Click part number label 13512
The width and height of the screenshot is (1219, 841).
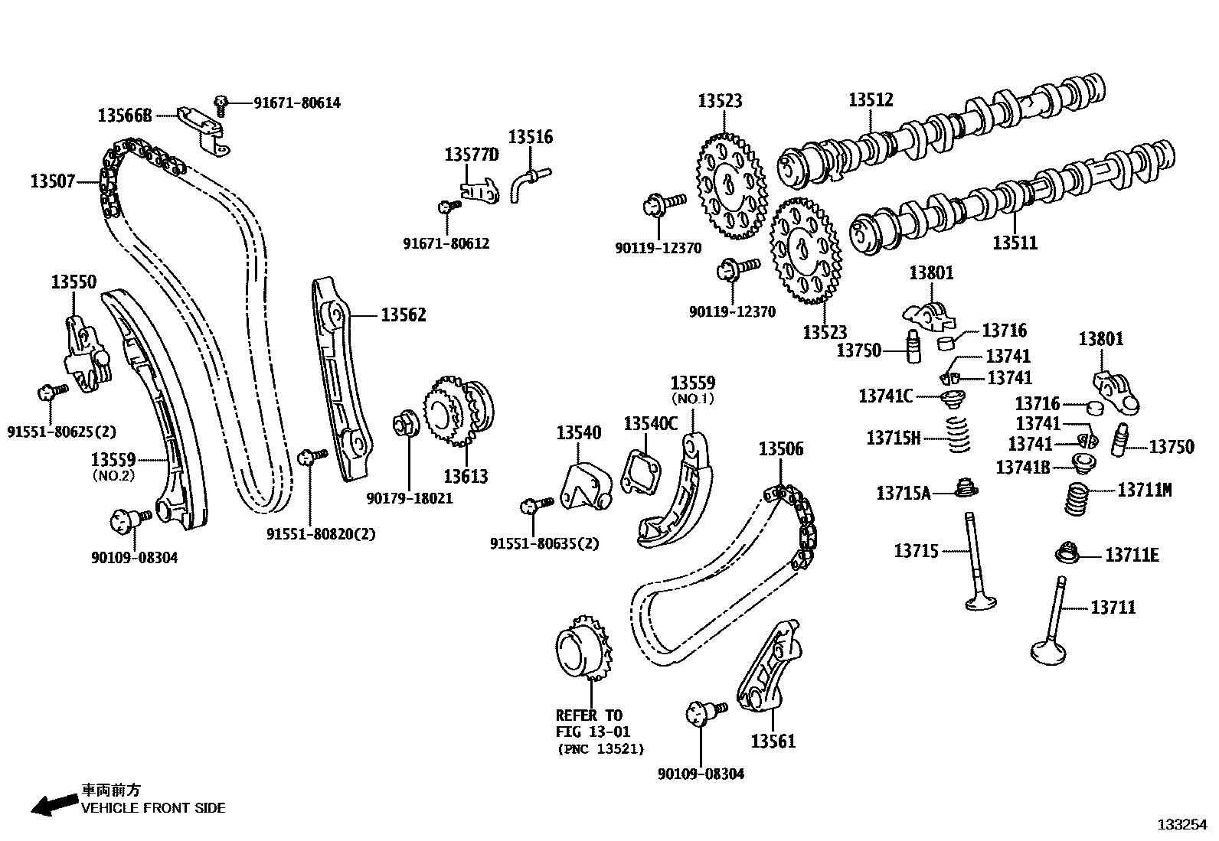pyautogui.click(x=871, y=100)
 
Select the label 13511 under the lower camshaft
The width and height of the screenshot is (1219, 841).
pyautogui.click(x=1015, y=243)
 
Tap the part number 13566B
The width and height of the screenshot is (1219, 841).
pyautogui.click(x=125, y=116)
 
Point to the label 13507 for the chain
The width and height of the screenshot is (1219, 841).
pyautogui.click(x=53, y=181)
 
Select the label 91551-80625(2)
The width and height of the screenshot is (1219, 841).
pyautogui.click(x=61, y=432)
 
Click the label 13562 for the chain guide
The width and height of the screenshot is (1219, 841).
pyautogui.click(x=404, y=315)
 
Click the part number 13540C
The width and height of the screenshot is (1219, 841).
pyautogui.click(x=650, y=423)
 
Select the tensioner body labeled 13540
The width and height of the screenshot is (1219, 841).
pyautogui.click(x=585, y=482)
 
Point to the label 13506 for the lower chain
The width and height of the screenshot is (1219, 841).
pyautogui.click(x=781, y=449)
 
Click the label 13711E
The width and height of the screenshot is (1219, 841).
pyautogui.click(x=1132, y=556)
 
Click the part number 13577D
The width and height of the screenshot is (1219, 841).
pyautogui.click(x=471, y=155)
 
